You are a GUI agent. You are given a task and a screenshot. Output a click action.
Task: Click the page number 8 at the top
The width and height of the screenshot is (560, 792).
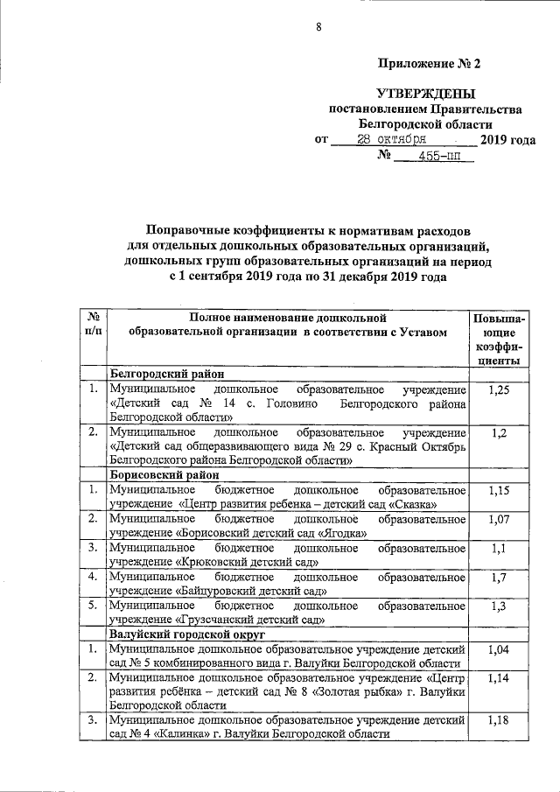point(319,27)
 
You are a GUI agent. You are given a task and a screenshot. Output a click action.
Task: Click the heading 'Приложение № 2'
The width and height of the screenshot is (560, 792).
point(430,63)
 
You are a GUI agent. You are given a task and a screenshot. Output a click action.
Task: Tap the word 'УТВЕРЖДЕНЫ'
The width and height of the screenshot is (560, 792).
point(425,93)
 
